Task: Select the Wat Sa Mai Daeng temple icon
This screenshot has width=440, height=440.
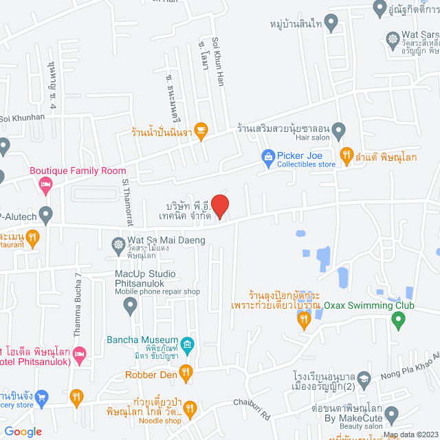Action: coord(118,243)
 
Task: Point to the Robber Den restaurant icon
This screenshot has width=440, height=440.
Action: coord(185,373)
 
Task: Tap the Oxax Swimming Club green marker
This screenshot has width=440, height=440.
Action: coord(395,321)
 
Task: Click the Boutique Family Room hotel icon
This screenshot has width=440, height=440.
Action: coord(45,184)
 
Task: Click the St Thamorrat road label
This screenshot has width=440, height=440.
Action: coord(125,199)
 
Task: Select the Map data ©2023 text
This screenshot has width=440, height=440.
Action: coord(409,434)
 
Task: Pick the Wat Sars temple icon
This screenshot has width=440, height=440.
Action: coord(393,39)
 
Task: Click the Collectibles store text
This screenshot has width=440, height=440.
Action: coord(306,165)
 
